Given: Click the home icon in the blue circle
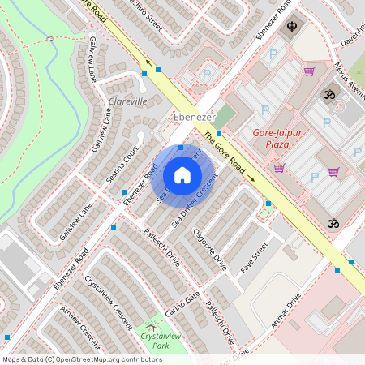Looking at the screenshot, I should (182, 174).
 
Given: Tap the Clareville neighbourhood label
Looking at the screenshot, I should (128, 102).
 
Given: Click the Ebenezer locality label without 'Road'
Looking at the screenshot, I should (192, 117).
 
